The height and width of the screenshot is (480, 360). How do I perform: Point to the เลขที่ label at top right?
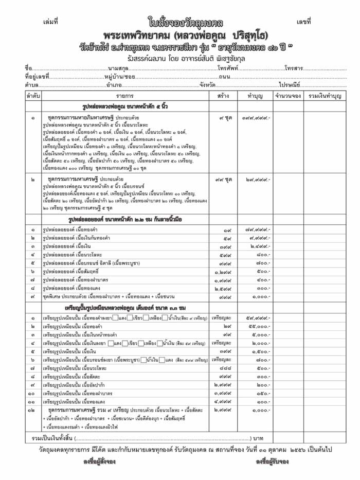click(303, 22)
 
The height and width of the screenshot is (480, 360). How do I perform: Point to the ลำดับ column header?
click(32, 96)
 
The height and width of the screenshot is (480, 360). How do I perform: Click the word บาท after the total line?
click(258, 438)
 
